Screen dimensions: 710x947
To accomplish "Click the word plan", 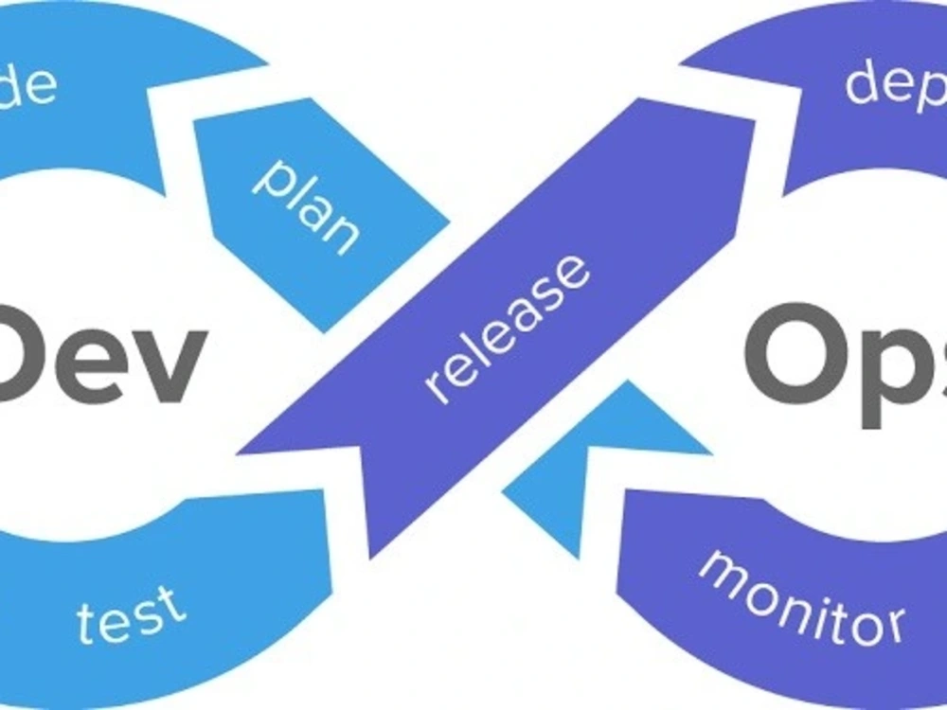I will coord(306,204).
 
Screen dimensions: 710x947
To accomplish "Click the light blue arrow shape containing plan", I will coord(313,213).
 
